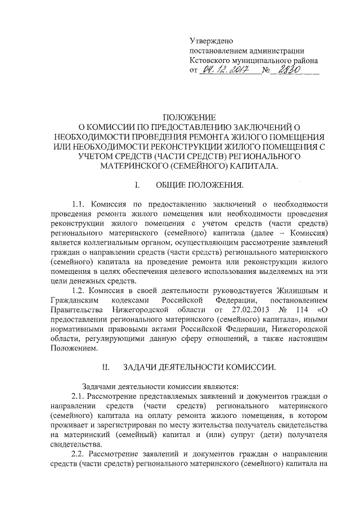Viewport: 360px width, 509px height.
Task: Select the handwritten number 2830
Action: [285, 71]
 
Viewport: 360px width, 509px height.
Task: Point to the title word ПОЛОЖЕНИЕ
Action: [188, 118]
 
